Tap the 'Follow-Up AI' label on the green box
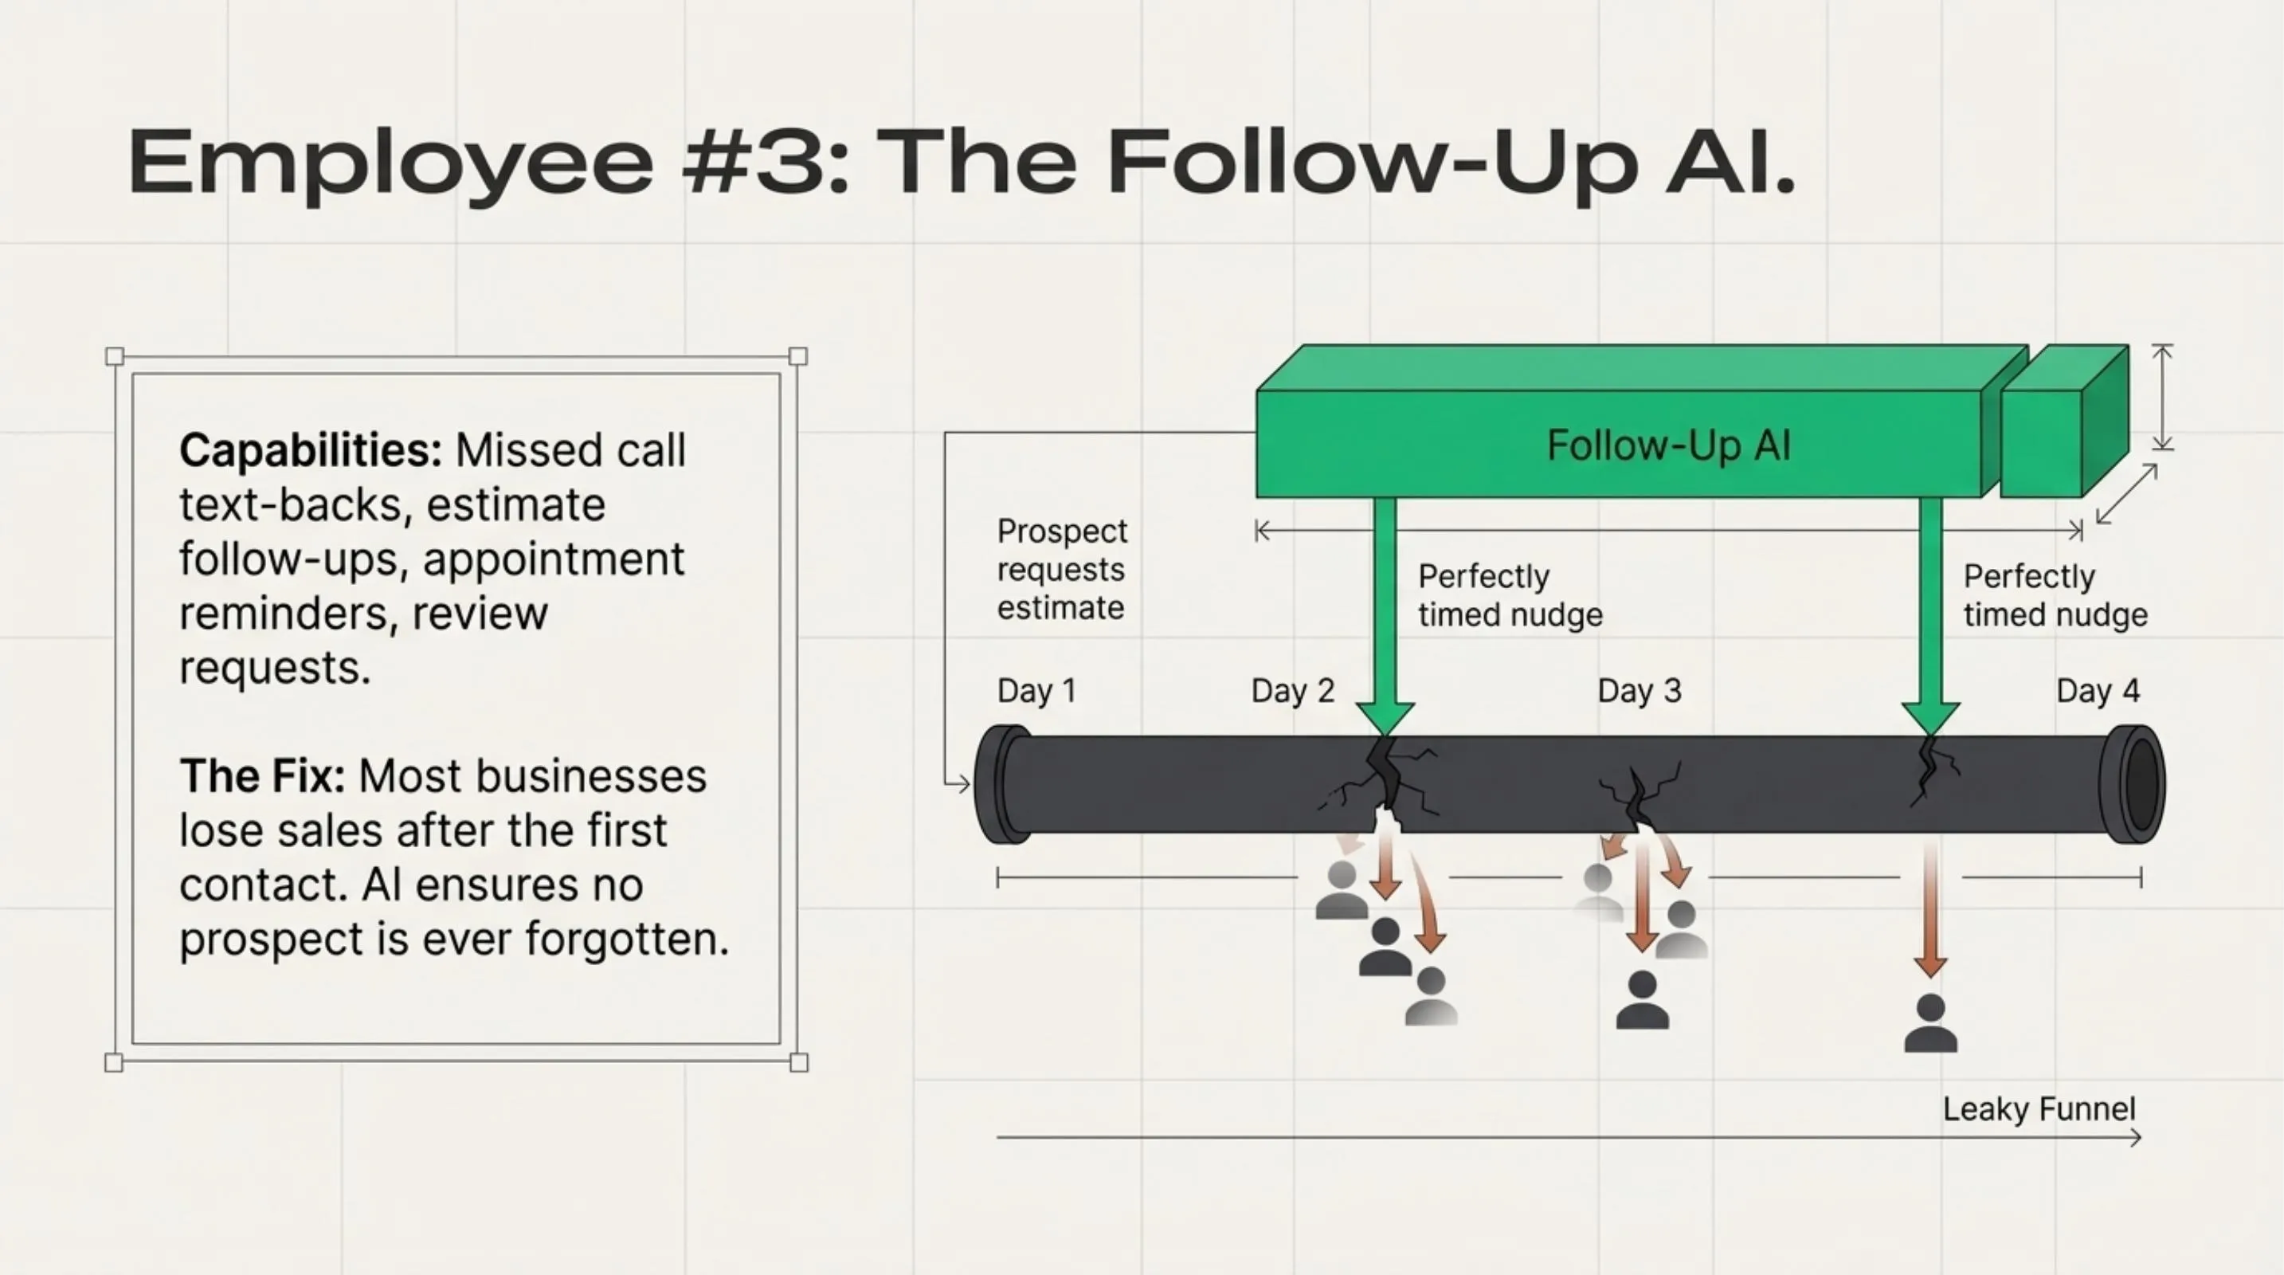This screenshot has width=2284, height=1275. (x=1669, y=445)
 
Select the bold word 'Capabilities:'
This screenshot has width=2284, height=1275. (x=311, y=450)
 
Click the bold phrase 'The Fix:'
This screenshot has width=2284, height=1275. (x=261, y=777)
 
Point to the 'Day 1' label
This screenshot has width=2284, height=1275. (x=1036, y=691)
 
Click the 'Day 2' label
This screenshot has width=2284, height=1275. (x=1293, y=691)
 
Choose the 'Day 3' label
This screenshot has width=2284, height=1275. (x=1640, y=691)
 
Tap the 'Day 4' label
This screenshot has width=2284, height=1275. (x=2098, y=691)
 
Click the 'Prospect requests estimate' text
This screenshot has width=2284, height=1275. (x=1061, y=569)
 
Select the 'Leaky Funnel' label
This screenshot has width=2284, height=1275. (x=2039, y=1109)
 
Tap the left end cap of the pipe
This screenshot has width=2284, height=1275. (x=1002, y=784)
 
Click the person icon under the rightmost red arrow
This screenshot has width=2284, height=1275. (x=1930, y=1024)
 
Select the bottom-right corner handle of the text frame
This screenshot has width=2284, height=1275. (x=798, y=1062)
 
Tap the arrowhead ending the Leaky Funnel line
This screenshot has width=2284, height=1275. (x=2137, y=1138)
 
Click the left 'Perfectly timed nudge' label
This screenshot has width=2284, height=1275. (x=1510, y=596)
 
